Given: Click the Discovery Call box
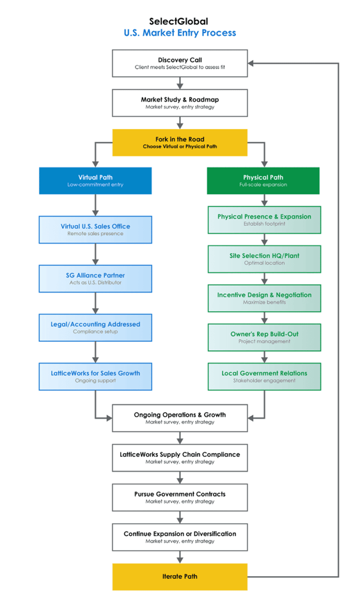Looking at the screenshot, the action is (x=180, y=63).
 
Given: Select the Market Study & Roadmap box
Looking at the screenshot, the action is (x=180, y=103).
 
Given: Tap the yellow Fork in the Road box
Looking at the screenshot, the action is (x=180, y=142).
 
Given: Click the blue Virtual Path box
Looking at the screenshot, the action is (x=95, y=181).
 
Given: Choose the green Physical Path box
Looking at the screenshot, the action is (x=263, y=181).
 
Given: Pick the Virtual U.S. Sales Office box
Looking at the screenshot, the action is (x=95, y=229).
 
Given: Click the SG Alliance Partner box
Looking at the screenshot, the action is (x=95, y=279).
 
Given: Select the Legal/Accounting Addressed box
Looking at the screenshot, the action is (x=95, y=328).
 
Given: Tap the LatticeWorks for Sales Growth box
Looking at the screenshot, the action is (x=95, y=377).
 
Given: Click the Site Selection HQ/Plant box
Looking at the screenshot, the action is (x=264, y=259).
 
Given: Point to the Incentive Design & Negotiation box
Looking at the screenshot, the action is (x=264, y=298).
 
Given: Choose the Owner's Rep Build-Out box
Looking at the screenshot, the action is (x=264, y=337).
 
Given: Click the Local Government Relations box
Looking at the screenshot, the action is (x=264, y=377).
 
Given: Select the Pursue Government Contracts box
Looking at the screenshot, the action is (x=180, y=498).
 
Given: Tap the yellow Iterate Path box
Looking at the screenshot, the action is (x=180, y=577).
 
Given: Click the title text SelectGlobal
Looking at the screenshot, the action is (x=178, y=22).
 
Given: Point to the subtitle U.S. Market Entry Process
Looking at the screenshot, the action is (x=180, y=33).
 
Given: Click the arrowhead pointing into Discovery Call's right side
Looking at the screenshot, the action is (x=251, y=63).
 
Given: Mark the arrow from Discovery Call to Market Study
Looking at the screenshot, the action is (x=180, y=83).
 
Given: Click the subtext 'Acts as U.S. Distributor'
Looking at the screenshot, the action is (x=95, y=282).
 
